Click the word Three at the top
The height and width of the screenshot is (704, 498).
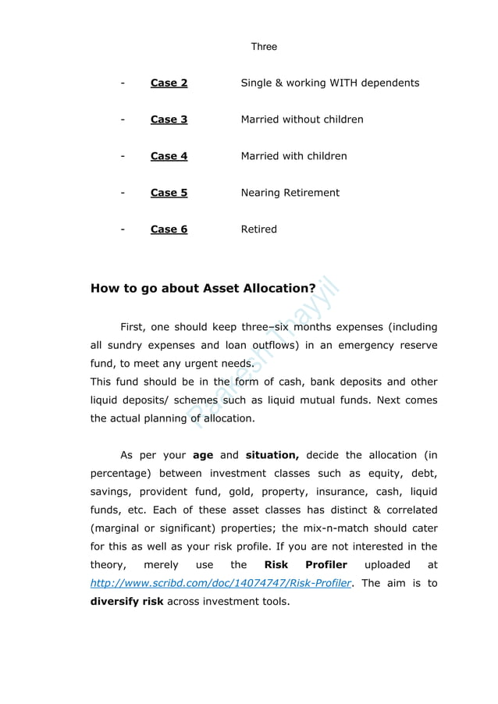(264, 47)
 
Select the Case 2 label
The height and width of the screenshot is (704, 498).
(169, 83)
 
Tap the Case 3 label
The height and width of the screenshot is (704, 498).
(169, 119)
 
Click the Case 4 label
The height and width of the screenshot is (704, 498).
(169, 156)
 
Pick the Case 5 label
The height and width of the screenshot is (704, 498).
(169, 193)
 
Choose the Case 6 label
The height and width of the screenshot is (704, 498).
(169, 229)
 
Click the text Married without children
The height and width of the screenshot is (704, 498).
(301, 119)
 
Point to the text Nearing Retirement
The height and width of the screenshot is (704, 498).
(290, 193)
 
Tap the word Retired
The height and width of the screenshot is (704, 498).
(258, 229)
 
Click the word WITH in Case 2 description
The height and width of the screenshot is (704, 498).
(347, 83)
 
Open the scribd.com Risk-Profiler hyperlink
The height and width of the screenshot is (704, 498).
(220, 583)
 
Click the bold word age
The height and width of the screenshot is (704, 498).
(202, 455)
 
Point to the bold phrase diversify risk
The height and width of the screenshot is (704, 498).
(126, 602)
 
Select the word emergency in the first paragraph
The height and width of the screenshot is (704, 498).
(365, 345)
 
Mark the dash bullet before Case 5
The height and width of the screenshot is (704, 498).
(123, 193)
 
